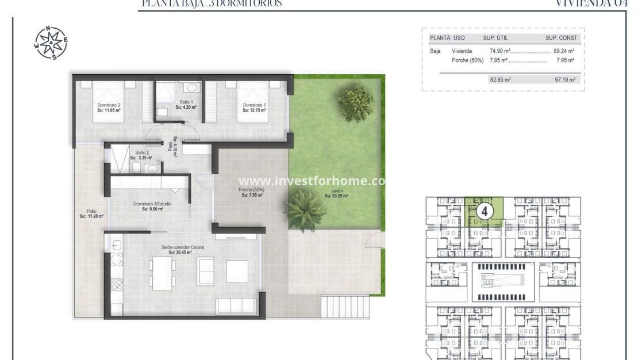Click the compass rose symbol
pyautogui.click(x=51, y=43)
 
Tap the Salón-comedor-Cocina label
pyautogui.click(x=180, y=250)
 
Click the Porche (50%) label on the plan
pyautogui.click(x=252, y=192)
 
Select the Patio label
pyautogui.click(x=91, y=213)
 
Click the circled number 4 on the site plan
pyautogui.click(x=484, y=211)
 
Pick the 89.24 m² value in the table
pyautogui.click(x=564, y=51)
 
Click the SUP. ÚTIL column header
pyautogui.click(x=497, y=38)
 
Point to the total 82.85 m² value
pyautogui.click(x=500, y=80)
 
